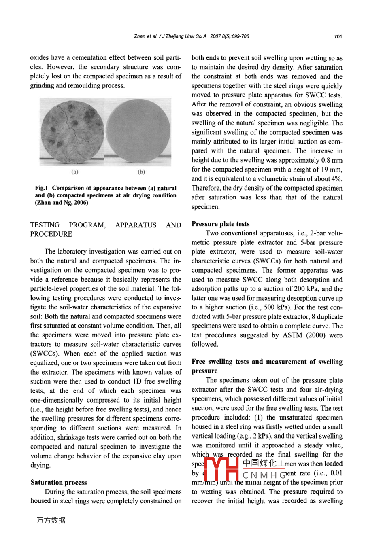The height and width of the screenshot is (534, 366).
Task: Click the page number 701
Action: pos(338,36)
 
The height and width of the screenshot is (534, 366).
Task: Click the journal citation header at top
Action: pos(191,36)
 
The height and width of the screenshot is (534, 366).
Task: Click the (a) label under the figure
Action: pos(75,172)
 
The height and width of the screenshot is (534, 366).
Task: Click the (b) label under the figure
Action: pos(141,172)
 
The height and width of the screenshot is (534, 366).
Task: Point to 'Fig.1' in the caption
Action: pos(42,188)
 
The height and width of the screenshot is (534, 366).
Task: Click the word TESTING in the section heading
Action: pos(45,225)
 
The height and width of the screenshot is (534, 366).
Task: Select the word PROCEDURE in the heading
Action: pos(51,234)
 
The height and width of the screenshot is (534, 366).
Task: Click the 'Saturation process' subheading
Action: pos(59,482)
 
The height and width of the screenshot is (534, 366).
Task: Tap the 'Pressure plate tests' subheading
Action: pos(221,224)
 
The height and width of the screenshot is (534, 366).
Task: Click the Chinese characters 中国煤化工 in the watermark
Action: pos(264,464)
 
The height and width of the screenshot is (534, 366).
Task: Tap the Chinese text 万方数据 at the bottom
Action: pos(51,520)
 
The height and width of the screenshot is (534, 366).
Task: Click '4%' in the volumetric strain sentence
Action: pos(336,179)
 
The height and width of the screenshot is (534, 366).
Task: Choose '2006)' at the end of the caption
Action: pos(79,203)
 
